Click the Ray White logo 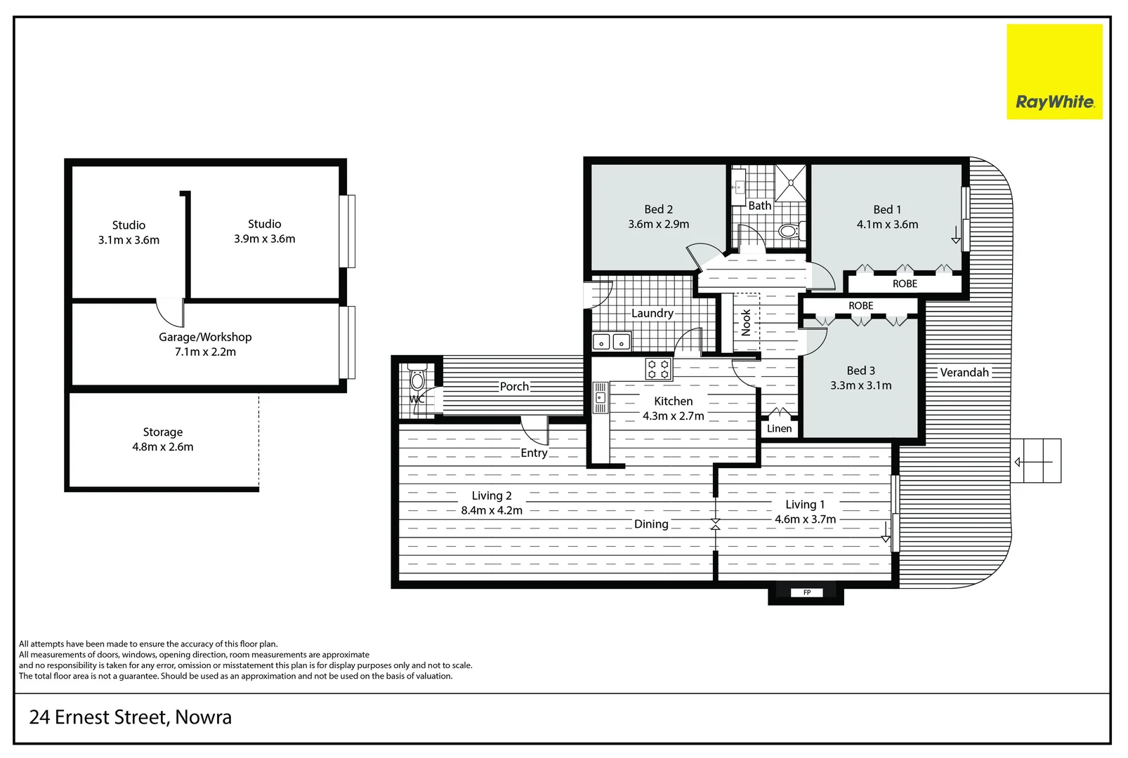point(1054,72)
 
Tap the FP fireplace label point(806,592)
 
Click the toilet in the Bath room point(789,230)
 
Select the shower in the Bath point(792,182)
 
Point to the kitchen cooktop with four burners point(658,369)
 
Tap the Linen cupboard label point(779,428)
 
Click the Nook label point(746,323)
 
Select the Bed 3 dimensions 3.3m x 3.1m point(860,385)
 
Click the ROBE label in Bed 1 point(905,284)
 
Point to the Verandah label point(964,373)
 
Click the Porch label point(514,387)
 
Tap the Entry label point(534,453)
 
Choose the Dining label point(651,524)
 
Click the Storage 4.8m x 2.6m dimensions point(163,447)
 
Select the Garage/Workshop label point(205,337)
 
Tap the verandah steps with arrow point(1036,461)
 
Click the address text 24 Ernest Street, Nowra point(131,717)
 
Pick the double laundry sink point(611,342)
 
